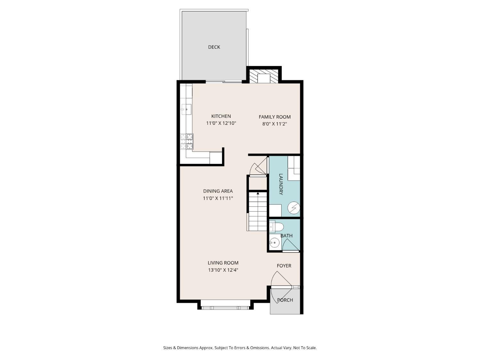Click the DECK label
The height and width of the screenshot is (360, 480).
tap(214, 47)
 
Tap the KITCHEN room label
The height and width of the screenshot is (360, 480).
tap(221, 116)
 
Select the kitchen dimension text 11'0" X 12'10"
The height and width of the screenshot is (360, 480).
tap(221, 123)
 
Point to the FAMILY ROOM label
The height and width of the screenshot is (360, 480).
tap(275, 117)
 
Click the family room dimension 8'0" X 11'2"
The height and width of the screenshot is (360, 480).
tap(275, 124)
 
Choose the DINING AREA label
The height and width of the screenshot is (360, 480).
tap(218, 191)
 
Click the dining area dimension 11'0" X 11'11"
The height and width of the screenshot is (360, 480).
tap(218, 198)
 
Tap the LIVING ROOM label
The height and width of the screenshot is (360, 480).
tap(223, 263)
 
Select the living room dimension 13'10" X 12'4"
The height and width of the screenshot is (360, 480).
tap(223, 270)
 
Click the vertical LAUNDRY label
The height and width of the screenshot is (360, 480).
tap(281, 184)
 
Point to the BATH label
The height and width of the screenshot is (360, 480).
tap(286, 236)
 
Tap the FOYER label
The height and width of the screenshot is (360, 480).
tap(284, 266)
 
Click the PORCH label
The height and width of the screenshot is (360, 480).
tap(285, 300)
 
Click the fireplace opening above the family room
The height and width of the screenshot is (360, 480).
tap(264, 78)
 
